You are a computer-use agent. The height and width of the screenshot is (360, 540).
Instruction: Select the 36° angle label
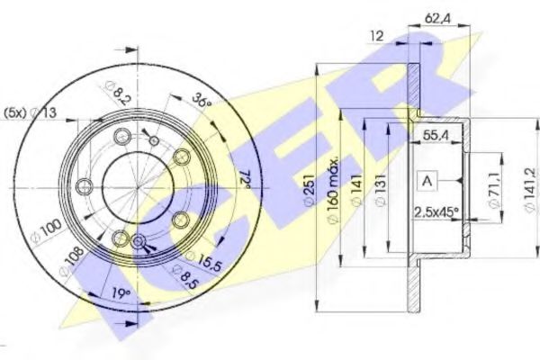coord(202,101)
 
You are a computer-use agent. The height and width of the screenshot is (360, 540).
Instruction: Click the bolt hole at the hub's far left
coord(85,186)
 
